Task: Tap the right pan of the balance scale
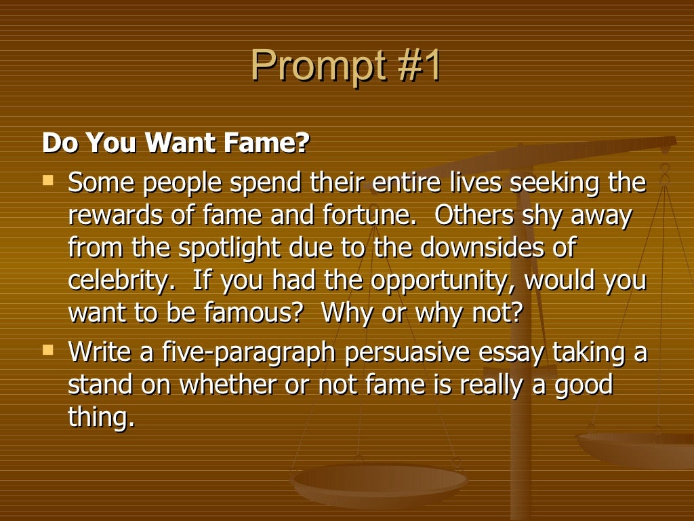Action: (637, 448)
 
